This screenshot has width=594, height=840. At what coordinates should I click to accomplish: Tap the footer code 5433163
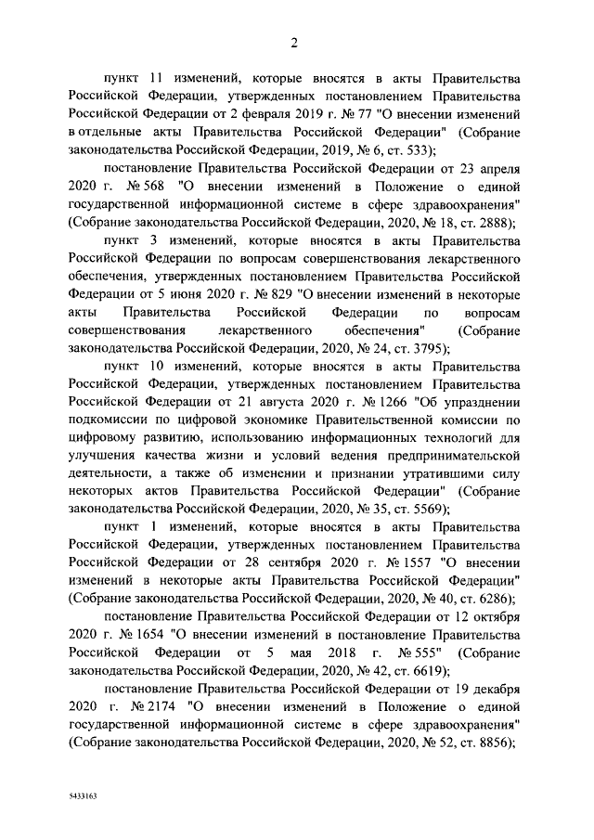click(84, 796)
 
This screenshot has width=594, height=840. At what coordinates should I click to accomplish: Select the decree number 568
click(151, 187)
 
